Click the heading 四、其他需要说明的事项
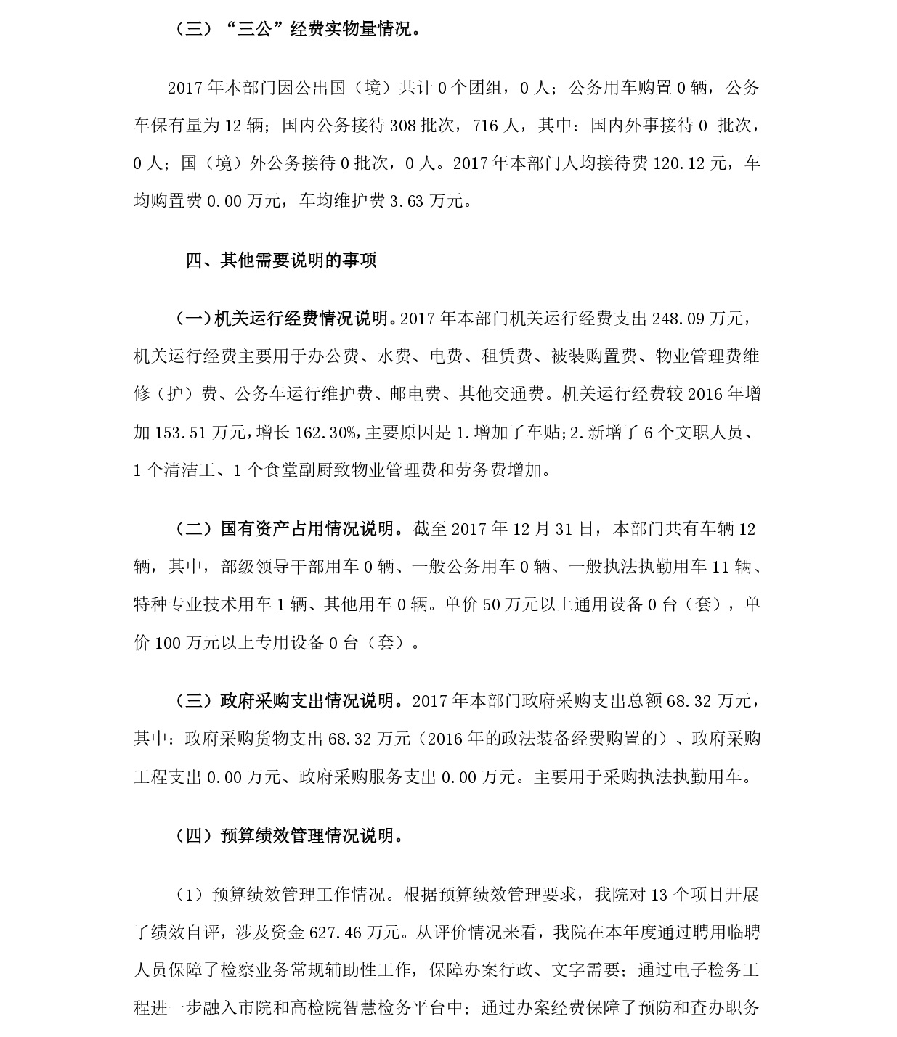coord(281,260)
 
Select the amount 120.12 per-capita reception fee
coord(678,163)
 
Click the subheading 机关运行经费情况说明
coord(304,319)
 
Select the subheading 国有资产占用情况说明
coord(312,528)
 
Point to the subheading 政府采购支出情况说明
coord(312,700)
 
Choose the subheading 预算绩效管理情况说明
coord(312,835)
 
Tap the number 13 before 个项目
coord(659,894)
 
